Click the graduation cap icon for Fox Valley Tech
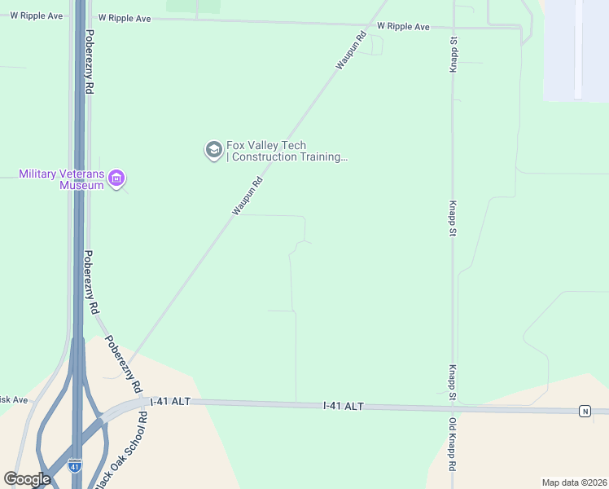[213, 150]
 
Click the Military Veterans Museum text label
[62, 179]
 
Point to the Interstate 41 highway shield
[74, 466]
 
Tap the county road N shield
[585, 411]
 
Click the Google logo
[27, 479]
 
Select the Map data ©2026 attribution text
[574, 482]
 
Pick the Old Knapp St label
[452, 445]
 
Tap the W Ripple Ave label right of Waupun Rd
[404, 27]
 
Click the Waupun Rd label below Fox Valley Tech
[248, 196]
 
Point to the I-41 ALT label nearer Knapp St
[343, 406]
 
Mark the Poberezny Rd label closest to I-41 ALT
[126, 367]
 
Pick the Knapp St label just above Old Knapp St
[451, 382]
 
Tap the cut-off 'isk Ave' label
[14, 400]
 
